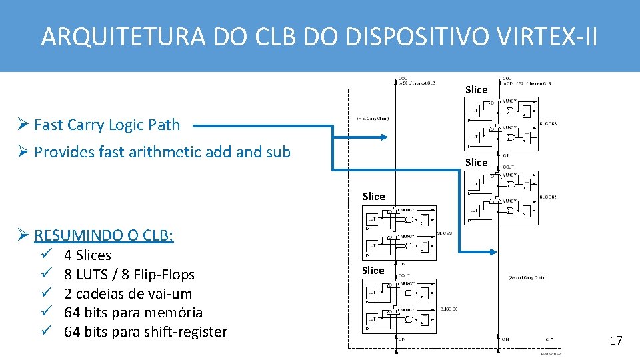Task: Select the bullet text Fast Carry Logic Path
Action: pyautogui.click(x=107, y=125)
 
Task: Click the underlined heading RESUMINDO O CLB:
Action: pyautogui.click(x=103, y=235)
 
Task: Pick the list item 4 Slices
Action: pyautogui.click(x=87, y=255)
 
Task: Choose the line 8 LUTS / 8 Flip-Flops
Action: pyautogui.click(x=129, y=275)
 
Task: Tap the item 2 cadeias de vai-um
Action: pyautogui.click(x=127, y=294)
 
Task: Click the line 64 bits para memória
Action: pyautogui.click(x=133, y=313)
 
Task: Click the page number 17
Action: pyautogui.click(x=615, y=341)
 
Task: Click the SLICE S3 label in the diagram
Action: pyautogui.click(x=548, y=125)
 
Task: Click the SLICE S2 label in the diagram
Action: pyautogui.click(x=548, y=197)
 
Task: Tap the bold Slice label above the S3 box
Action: pyautogui.click(x=476, y=90)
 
